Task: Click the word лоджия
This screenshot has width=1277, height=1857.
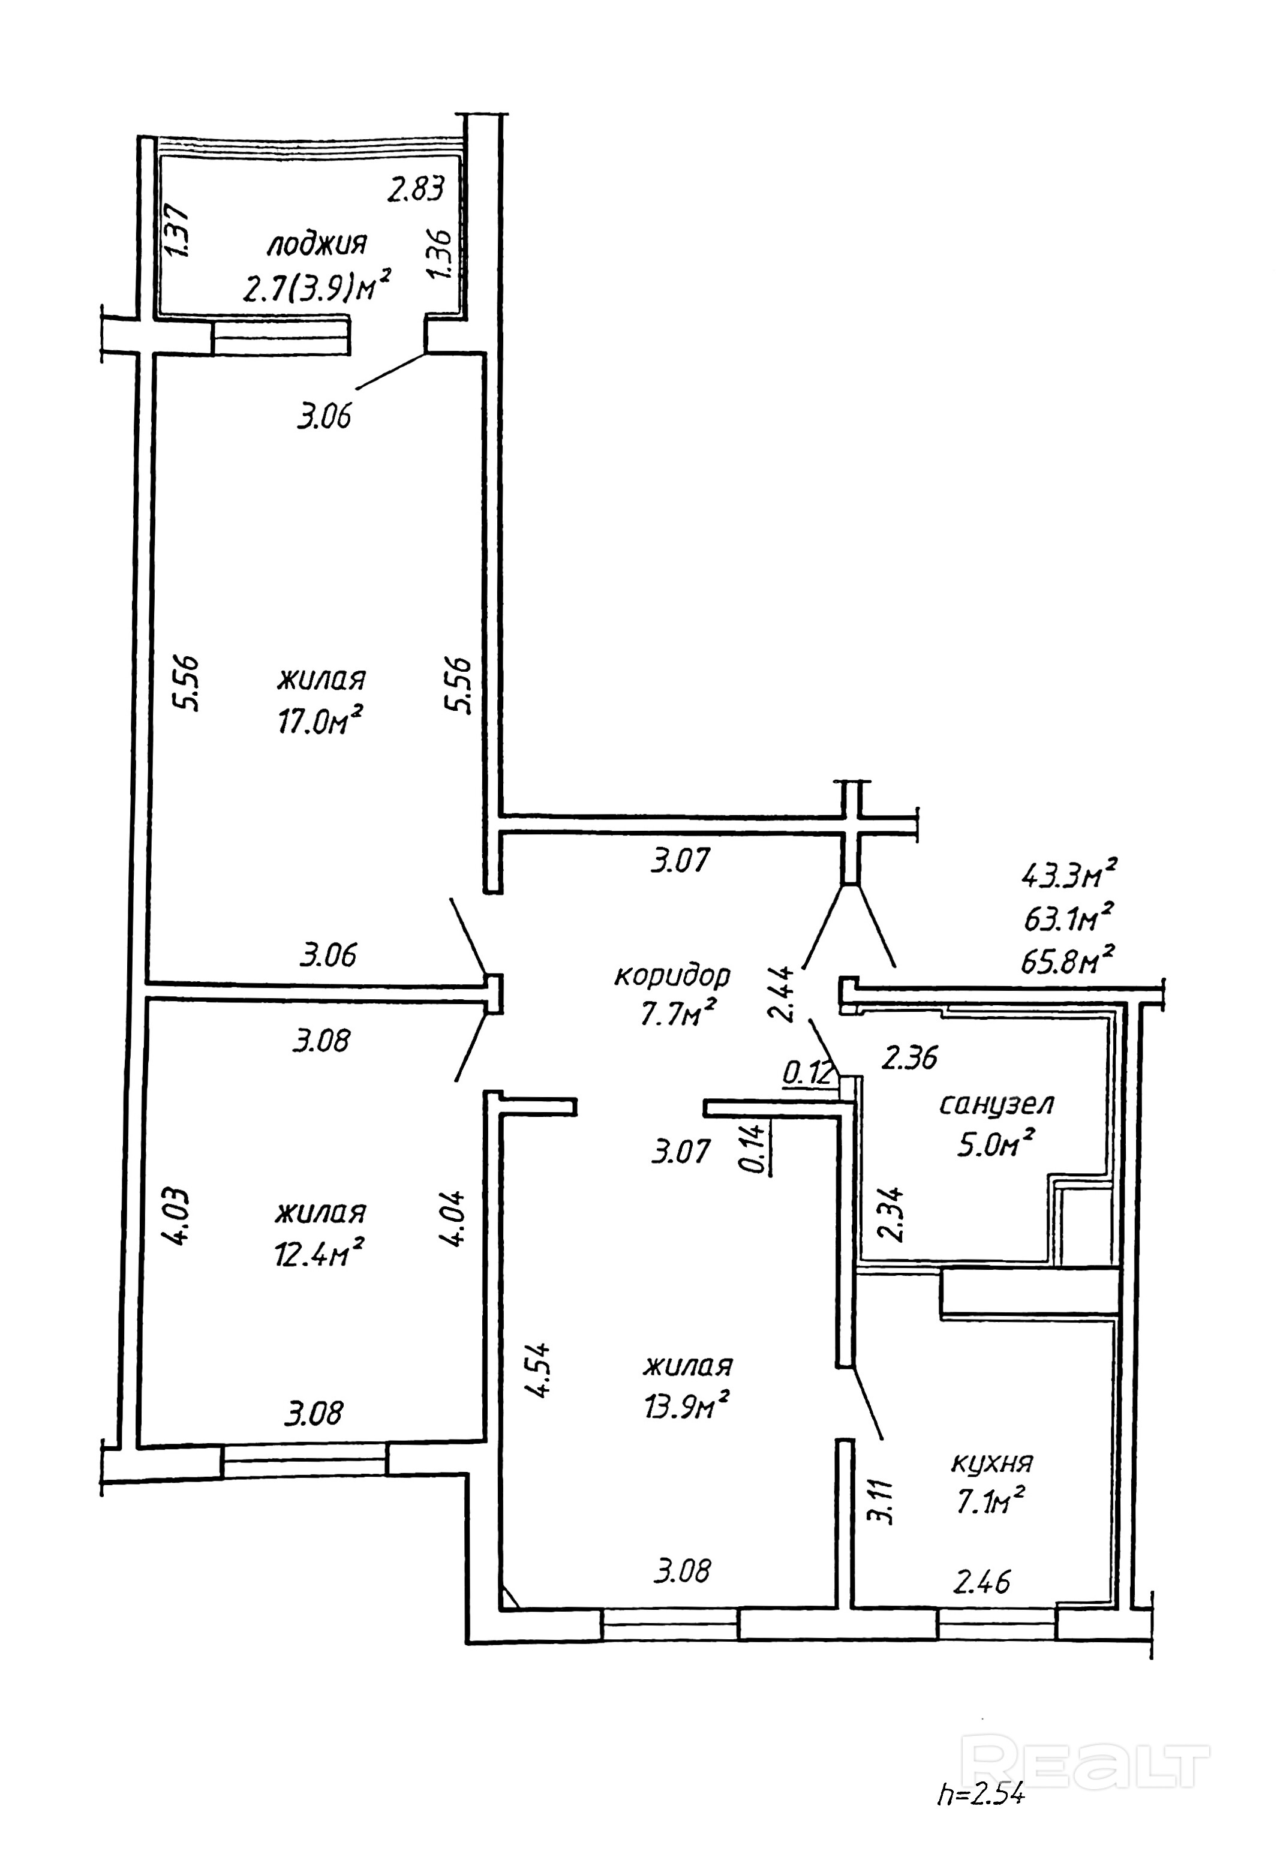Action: point(317,244)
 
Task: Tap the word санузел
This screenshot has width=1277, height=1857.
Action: point(996,1105)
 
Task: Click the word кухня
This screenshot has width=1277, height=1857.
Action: point(991,1464)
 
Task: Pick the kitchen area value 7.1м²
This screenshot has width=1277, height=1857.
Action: point(990,1503)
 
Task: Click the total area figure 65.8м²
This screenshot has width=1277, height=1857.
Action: point(1068,958)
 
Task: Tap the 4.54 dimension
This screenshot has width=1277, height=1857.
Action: point(539,1369)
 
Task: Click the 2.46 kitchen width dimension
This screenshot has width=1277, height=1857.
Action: point(982,1582)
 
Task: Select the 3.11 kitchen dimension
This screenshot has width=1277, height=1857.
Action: point(884,1503)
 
